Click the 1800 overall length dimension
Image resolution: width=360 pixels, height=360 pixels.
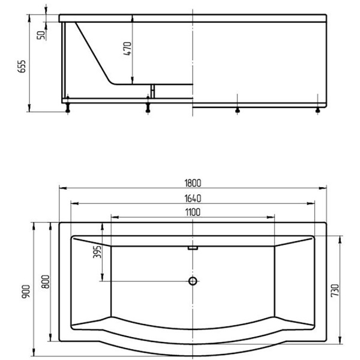[x=193, y=183]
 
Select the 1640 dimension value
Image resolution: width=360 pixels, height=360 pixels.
[x=193, y=199]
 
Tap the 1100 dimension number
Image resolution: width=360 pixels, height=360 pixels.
[x=193, y=212]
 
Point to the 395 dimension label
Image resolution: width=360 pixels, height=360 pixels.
[x=97, y=252]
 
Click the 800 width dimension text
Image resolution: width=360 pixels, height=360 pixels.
[x=46, y=282]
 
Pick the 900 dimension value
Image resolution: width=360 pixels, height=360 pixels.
[x=26, y=292]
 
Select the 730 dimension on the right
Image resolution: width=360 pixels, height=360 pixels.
[x=335, y=290]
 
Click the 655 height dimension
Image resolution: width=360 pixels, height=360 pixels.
[x=22, y=67]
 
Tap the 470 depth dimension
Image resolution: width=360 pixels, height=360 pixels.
[x=127, y=49]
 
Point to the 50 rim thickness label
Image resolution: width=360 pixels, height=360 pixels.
[x=41, y=35]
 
